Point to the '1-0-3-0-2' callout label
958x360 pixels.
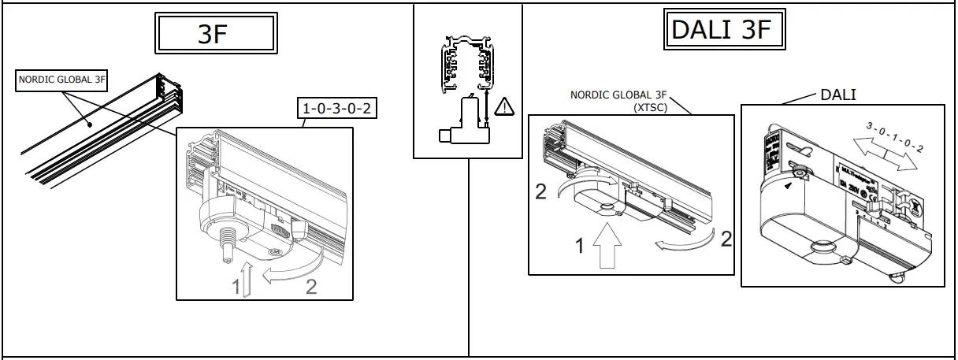pos(337,108)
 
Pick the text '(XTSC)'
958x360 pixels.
pos(650,107)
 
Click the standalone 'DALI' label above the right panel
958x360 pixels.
pos(838,95)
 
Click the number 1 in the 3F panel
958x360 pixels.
pos(236,288)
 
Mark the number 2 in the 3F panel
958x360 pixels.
pos(311,288)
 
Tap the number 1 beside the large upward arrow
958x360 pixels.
pos(579,246)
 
